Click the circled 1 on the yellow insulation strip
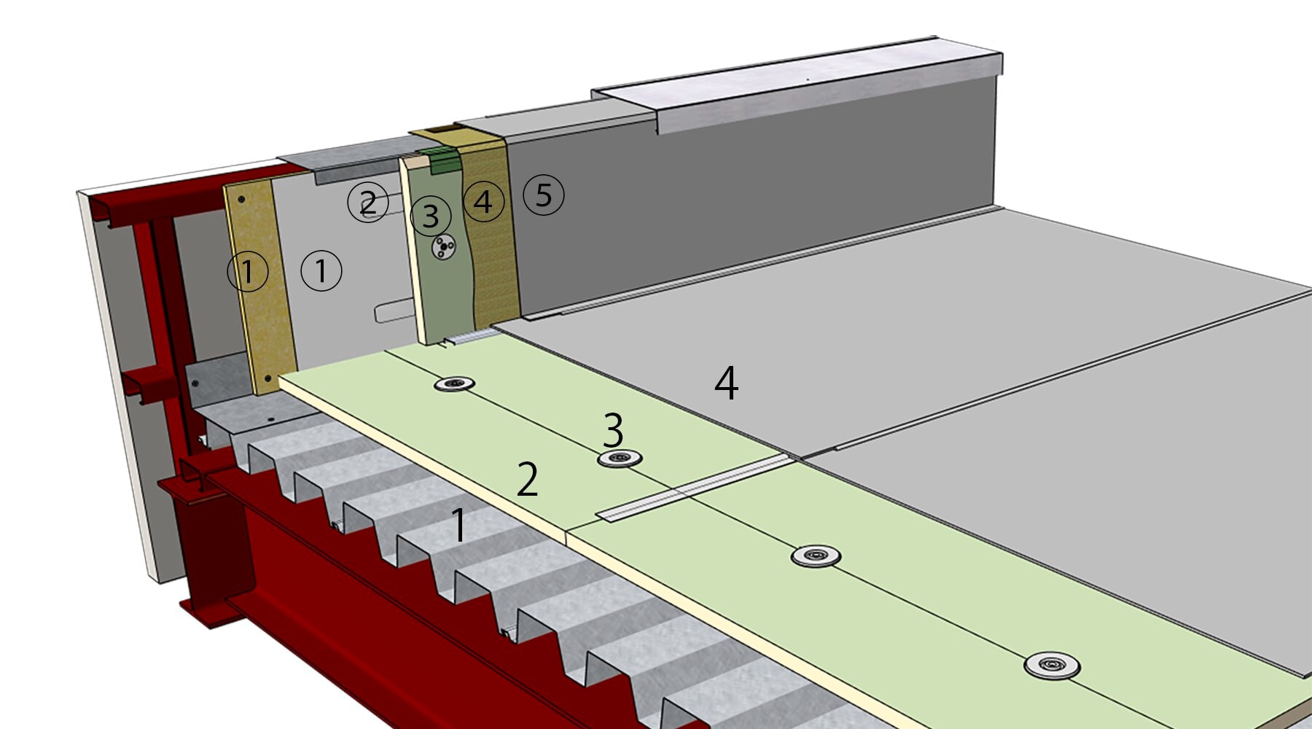point(248,271)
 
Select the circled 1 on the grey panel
point(321,270)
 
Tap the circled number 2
point(368,202)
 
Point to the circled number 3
point(431,216)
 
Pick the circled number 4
point(484,201)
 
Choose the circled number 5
point(544,195)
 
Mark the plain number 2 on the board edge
point(527,480)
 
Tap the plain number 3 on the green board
point(613,430)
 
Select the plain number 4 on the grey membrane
point(726,383)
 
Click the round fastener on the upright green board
point(443,247)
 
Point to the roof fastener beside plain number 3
point(620,459)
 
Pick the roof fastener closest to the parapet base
point(455,383)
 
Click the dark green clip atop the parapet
point(444,160)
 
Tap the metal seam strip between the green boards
point(692,488)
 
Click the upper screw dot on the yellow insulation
point(241,199)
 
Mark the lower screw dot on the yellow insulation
point(268,378)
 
